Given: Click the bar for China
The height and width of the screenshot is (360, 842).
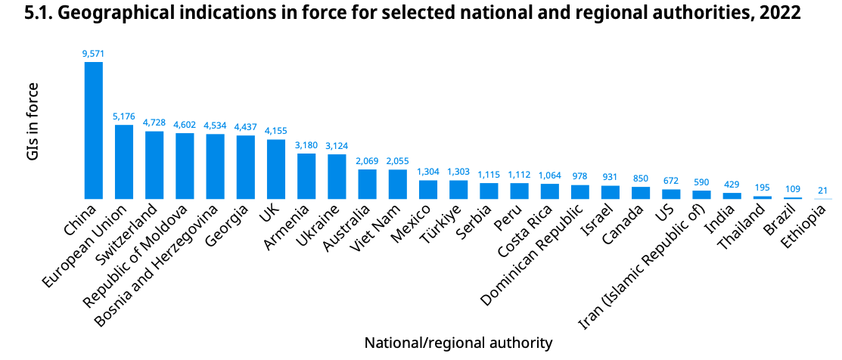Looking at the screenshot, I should point(94,130).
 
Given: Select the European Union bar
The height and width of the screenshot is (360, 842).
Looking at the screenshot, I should point(124,162).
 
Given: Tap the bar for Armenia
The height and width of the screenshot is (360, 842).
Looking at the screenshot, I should point(306,176).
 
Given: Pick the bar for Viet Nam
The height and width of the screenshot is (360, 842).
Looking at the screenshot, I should point(397,184).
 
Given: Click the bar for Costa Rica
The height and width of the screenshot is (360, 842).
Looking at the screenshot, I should point(549,191).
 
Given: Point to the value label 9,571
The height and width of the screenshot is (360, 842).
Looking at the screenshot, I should point(94,54).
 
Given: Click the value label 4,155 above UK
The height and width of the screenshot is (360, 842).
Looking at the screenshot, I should point(275,131).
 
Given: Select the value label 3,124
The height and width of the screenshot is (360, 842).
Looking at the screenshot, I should point(337,146).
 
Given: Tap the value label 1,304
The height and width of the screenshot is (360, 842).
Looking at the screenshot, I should point(427,172).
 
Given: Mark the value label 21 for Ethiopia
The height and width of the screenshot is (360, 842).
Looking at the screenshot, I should point(822,191).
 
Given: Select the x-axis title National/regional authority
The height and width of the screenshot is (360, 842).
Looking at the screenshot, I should point(458,343).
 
